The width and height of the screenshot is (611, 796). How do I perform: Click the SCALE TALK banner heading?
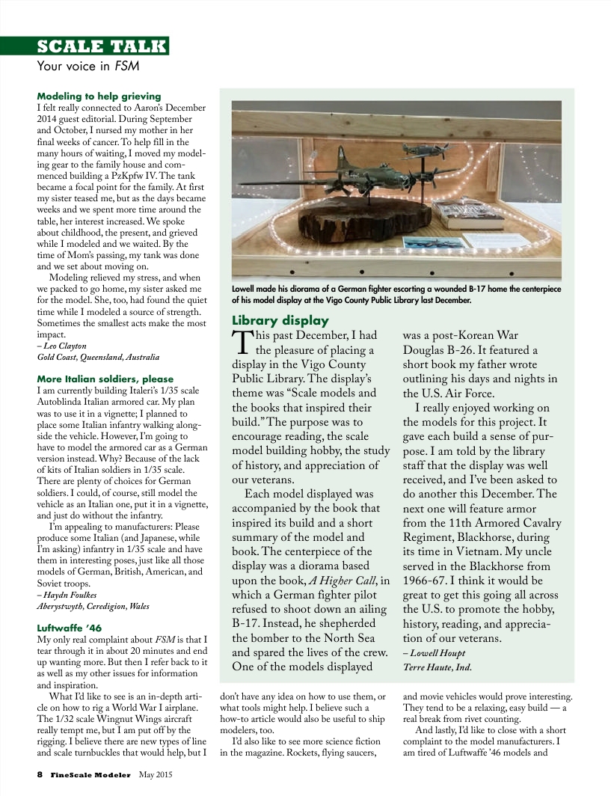(102, 46)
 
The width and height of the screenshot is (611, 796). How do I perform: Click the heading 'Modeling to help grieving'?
(99, 97)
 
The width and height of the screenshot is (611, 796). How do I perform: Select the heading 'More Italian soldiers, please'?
(105, 379)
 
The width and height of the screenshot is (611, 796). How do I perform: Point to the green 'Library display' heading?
(280, 321)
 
